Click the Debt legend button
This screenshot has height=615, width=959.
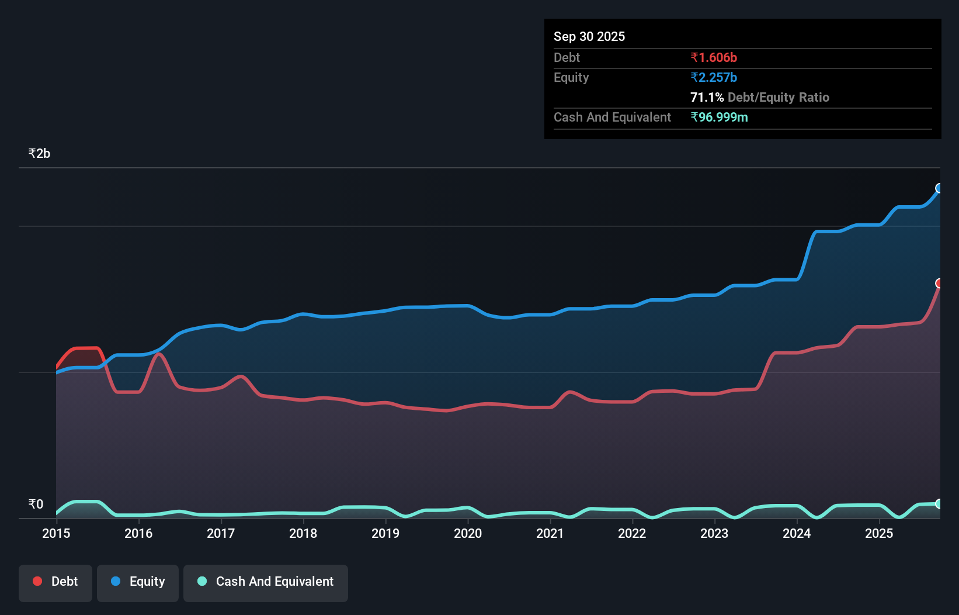click(x=55, y=582)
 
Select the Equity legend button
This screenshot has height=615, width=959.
click(x=138, y=582)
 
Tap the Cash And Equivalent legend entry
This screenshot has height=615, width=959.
click(x=266, y=582)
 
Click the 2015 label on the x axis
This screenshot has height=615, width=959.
click(x=56, y=533)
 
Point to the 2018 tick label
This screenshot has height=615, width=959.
click(x=303, y=533)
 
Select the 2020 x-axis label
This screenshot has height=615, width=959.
click(x=468, y=533)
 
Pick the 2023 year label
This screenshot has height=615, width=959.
click(x=714, y=533)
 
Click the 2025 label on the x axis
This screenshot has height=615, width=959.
click(x=879, y=533)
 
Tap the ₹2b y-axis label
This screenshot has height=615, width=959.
click(x=39, y=154)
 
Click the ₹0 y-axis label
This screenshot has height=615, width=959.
click(x=36, y=505)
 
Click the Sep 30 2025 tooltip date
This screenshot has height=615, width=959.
click(x=589, y=36)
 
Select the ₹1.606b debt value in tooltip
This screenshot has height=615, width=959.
click(x=713, y=57)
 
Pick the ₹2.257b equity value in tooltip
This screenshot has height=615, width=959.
click(x=713, y=77)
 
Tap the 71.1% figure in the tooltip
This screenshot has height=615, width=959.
click(x=707, y=97)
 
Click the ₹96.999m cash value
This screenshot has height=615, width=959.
click(x=718, y=117)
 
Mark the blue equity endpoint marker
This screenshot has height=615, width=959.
click(x=939, y=188)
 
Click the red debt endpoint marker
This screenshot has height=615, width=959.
click(x=939, y=283)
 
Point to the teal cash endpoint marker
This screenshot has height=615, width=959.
click(x=939, y=503)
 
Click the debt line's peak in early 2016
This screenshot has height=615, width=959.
click(x=158, y=354)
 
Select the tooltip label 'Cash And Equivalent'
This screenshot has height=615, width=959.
click(x=612, y=117)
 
